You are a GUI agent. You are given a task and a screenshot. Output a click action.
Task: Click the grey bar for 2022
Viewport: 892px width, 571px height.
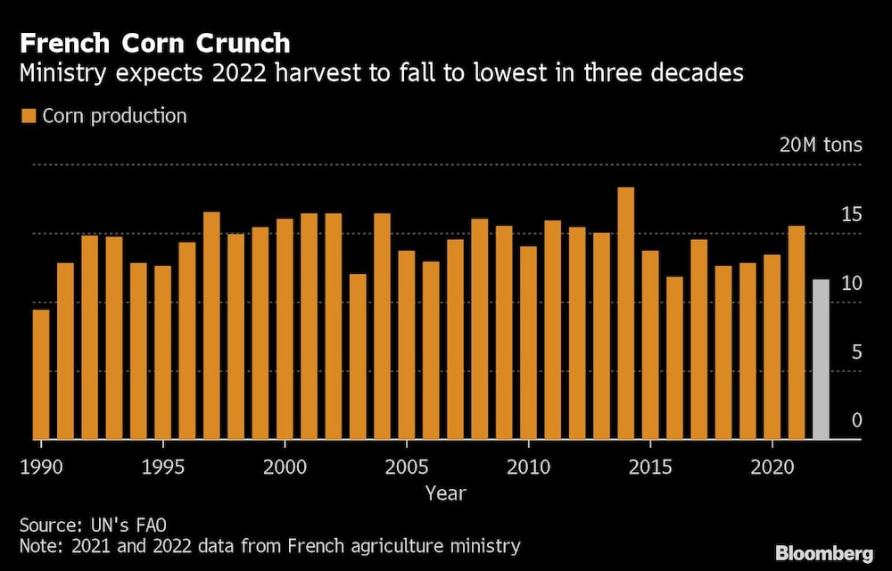(x=821, y=360)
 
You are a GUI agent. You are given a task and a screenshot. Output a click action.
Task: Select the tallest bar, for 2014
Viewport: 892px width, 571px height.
(x=626, y=313)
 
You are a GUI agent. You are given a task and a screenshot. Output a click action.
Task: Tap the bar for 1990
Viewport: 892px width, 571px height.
(x=41, y=374)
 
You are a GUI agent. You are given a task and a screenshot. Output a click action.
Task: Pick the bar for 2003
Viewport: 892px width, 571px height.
(x=358, y=356)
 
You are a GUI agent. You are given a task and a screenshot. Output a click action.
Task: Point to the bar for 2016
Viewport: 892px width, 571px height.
(x=674, y=358)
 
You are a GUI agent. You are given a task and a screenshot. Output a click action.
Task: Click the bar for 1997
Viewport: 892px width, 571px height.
(x=211, y=326)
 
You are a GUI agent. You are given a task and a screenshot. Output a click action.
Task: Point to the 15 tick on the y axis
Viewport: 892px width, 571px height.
(x=852, y=215)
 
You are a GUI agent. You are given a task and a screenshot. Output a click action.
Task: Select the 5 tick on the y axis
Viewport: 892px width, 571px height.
(x=856, y=352)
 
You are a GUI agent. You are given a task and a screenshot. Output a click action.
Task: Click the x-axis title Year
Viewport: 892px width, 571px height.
(x=445, y=492)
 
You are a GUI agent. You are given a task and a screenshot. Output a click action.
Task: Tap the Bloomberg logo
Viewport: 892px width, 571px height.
(x=825, y=553)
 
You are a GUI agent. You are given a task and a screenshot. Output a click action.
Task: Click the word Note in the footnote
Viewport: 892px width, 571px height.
(x=38, y=546)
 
